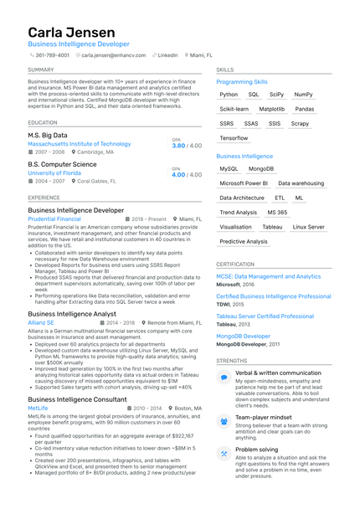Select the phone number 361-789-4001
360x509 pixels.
52,54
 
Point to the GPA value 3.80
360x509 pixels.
178,146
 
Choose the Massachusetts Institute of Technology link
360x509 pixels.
79,144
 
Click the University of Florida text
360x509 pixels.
59,173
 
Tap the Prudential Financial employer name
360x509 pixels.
54,219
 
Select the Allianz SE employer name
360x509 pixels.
41,322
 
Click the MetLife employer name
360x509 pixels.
39,409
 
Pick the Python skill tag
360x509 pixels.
229,95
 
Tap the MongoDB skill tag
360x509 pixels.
261,168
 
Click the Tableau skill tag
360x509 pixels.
272,227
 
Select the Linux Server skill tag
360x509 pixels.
309,227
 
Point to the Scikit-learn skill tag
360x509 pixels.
234,109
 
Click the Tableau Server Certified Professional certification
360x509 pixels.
265,316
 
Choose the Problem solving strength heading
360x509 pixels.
255,450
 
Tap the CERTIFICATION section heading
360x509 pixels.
235,264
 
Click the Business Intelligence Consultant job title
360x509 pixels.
79,399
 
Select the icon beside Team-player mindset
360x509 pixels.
224,420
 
